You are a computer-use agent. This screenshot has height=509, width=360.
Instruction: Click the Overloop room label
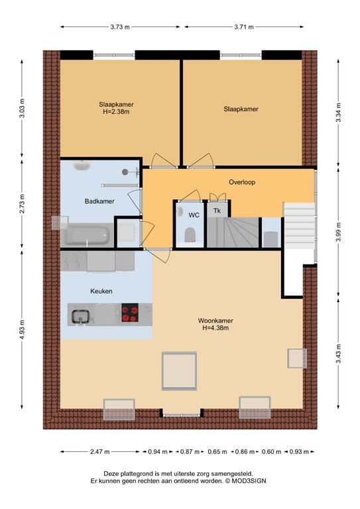point(242,182)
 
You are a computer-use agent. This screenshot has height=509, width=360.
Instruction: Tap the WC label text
point(194,215)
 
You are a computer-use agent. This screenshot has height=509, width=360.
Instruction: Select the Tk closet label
point(216,211)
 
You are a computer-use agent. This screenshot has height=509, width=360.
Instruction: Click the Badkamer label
point(99,201)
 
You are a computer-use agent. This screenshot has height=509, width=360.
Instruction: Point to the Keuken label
point(101,291)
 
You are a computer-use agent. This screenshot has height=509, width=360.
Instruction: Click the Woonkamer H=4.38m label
point(215,324)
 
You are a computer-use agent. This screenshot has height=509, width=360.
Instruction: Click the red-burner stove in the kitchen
point(130,313)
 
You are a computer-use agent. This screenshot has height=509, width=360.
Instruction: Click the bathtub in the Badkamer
point(86,235)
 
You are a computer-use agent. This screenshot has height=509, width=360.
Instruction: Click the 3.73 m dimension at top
point(119,27)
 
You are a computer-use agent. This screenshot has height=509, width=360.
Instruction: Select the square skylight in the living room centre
point(179,372)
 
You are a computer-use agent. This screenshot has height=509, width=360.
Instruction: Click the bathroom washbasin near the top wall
point(81,166)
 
